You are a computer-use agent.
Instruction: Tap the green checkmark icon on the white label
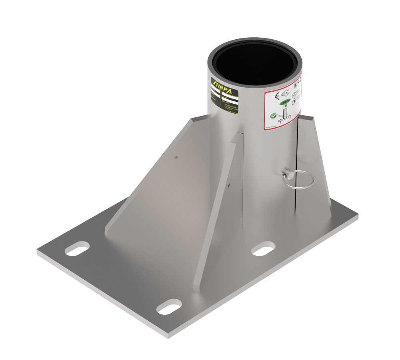273,115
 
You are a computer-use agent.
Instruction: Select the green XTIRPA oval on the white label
284,103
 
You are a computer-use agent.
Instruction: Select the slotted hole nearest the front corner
169,308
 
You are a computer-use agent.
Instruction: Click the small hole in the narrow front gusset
228,185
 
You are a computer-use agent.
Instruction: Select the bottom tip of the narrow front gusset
196,287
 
